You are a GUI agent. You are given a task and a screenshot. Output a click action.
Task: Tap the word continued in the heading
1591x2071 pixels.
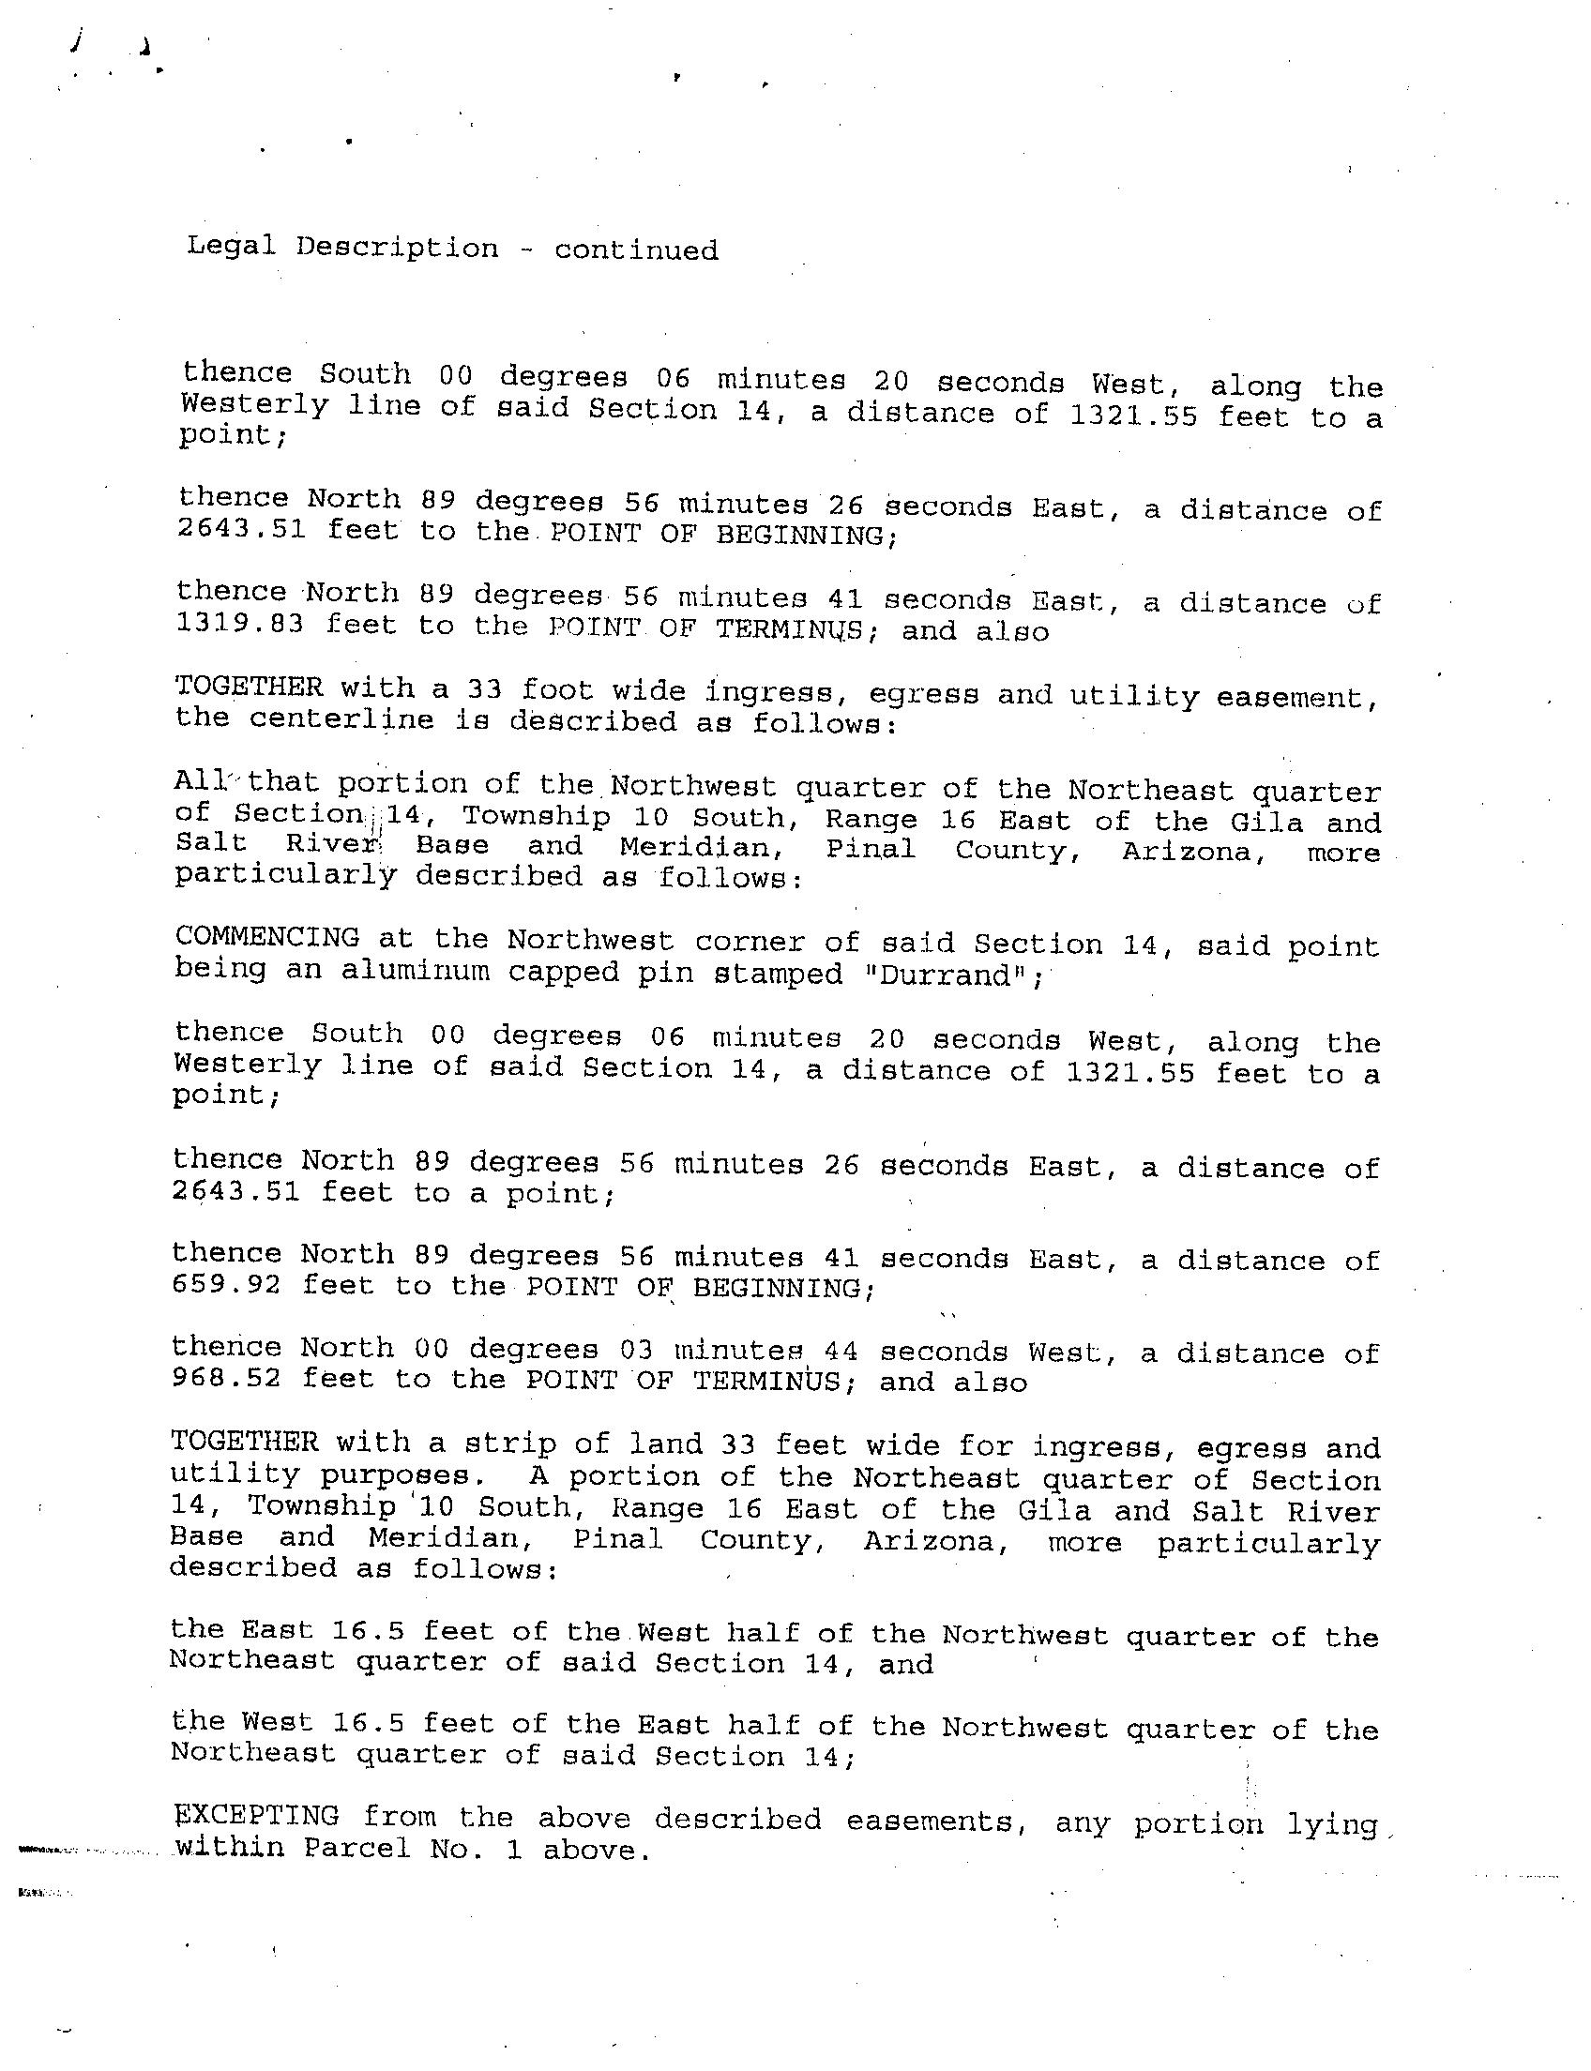[635, 250]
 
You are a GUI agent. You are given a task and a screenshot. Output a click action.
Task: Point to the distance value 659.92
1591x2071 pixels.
[226, 1284]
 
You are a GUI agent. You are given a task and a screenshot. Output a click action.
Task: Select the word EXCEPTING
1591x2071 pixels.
[258, 1815]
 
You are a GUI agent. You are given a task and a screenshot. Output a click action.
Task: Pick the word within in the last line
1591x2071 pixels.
[230, 1847]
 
